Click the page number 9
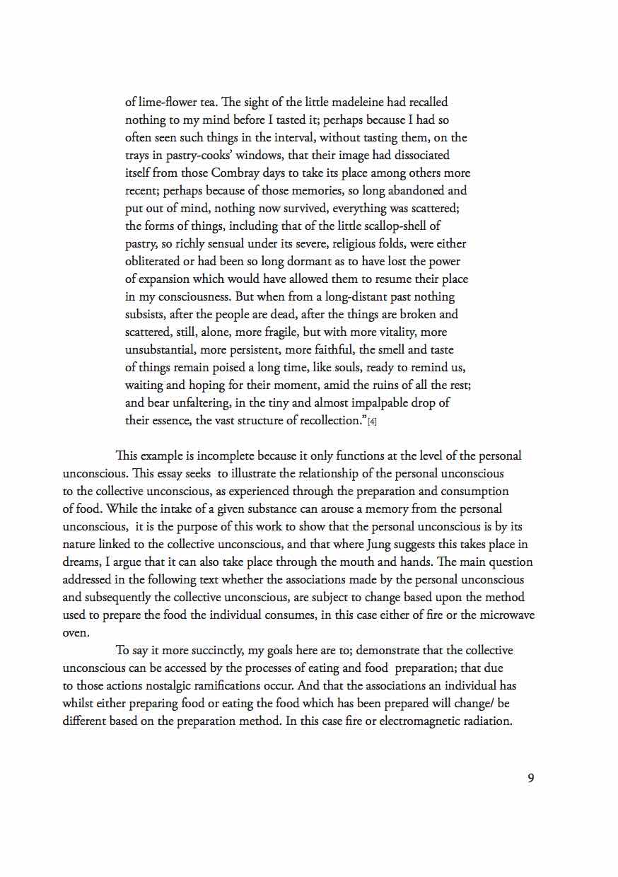(x=530, y=779)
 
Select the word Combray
(x=238, y=173)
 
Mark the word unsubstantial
(x=159, y=350)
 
